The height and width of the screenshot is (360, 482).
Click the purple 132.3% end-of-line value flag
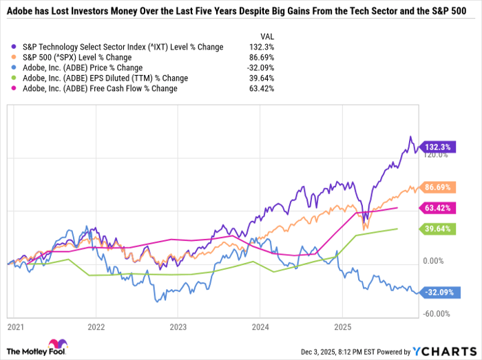tap(437, 147)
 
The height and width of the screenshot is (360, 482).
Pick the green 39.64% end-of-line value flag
tap(437, 229)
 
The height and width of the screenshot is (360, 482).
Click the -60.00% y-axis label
tap(436, 314)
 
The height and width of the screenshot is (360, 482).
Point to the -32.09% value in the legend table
tap(262, 67)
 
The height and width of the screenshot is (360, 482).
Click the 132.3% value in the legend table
tap(264, 47)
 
